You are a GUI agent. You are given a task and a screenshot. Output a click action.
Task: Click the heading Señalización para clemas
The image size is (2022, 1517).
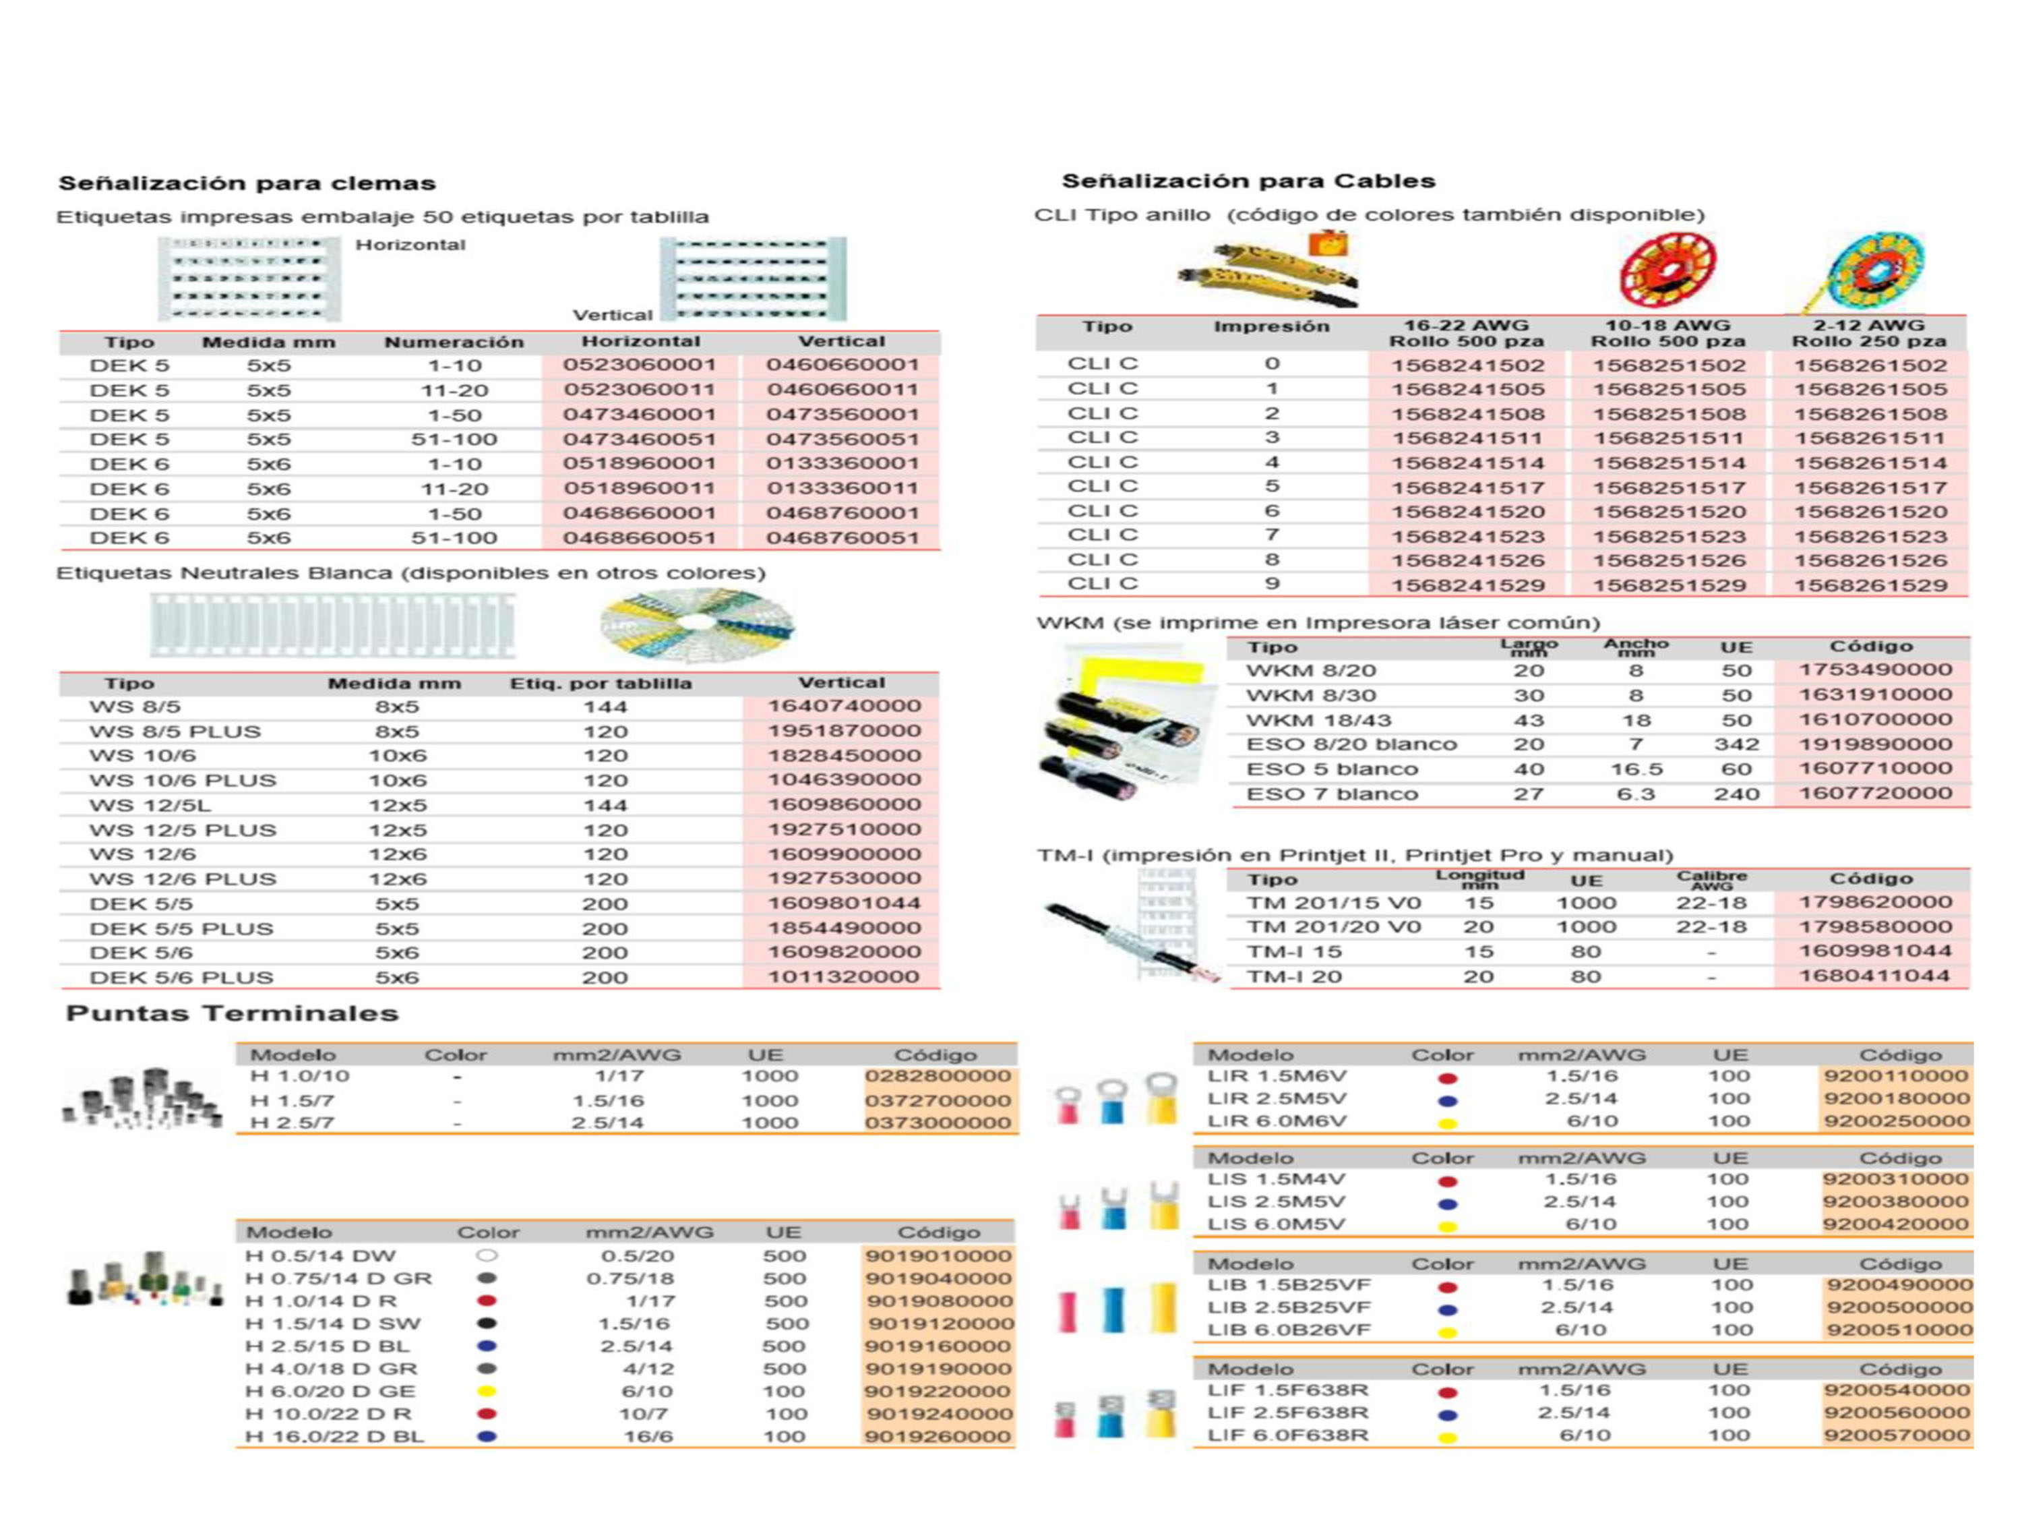coord(247,183)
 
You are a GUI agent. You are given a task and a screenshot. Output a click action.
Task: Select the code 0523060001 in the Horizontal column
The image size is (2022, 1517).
coord(639,365)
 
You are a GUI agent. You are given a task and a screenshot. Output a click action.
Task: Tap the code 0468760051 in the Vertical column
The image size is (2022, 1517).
coord(842,537)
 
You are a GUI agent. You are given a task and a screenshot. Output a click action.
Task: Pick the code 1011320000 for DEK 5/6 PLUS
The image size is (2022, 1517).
coord(842,976)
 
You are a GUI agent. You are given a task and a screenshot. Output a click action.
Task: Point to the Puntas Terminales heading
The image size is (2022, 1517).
coord(232,1013)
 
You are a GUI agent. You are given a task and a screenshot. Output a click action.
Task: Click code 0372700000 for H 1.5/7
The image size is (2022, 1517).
coord(938,1100)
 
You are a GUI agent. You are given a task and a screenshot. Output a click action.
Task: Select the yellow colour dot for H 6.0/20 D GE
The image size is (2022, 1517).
coord(487,1391)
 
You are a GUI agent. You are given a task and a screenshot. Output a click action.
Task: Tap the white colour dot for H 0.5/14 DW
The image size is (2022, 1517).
coord(487,1255)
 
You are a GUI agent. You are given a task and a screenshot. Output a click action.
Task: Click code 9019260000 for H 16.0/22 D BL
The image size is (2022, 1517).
coord(938,1435)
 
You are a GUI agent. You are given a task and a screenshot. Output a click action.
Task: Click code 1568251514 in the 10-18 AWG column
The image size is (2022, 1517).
coord(1668,463)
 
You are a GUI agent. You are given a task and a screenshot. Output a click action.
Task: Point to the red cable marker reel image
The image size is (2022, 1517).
coord(1666,270)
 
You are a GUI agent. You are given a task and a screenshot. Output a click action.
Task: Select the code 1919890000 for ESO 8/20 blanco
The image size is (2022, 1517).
coord(1875,744)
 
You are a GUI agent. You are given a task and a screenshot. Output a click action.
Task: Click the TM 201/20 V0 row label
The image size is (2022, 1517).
coord(1334,927)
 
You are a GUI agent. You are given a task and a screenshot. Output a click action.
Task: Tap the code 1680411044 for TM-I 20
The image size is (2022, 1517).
coord(1875,976)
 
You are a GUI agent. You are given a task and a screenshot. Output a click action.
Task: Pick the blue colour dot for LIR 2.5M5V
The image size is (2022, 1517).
coord(1447,1100)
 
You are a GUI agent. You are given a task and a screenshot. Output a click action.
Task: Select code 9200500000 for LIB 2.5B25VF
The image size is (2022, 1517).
coord(1899,1307)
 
